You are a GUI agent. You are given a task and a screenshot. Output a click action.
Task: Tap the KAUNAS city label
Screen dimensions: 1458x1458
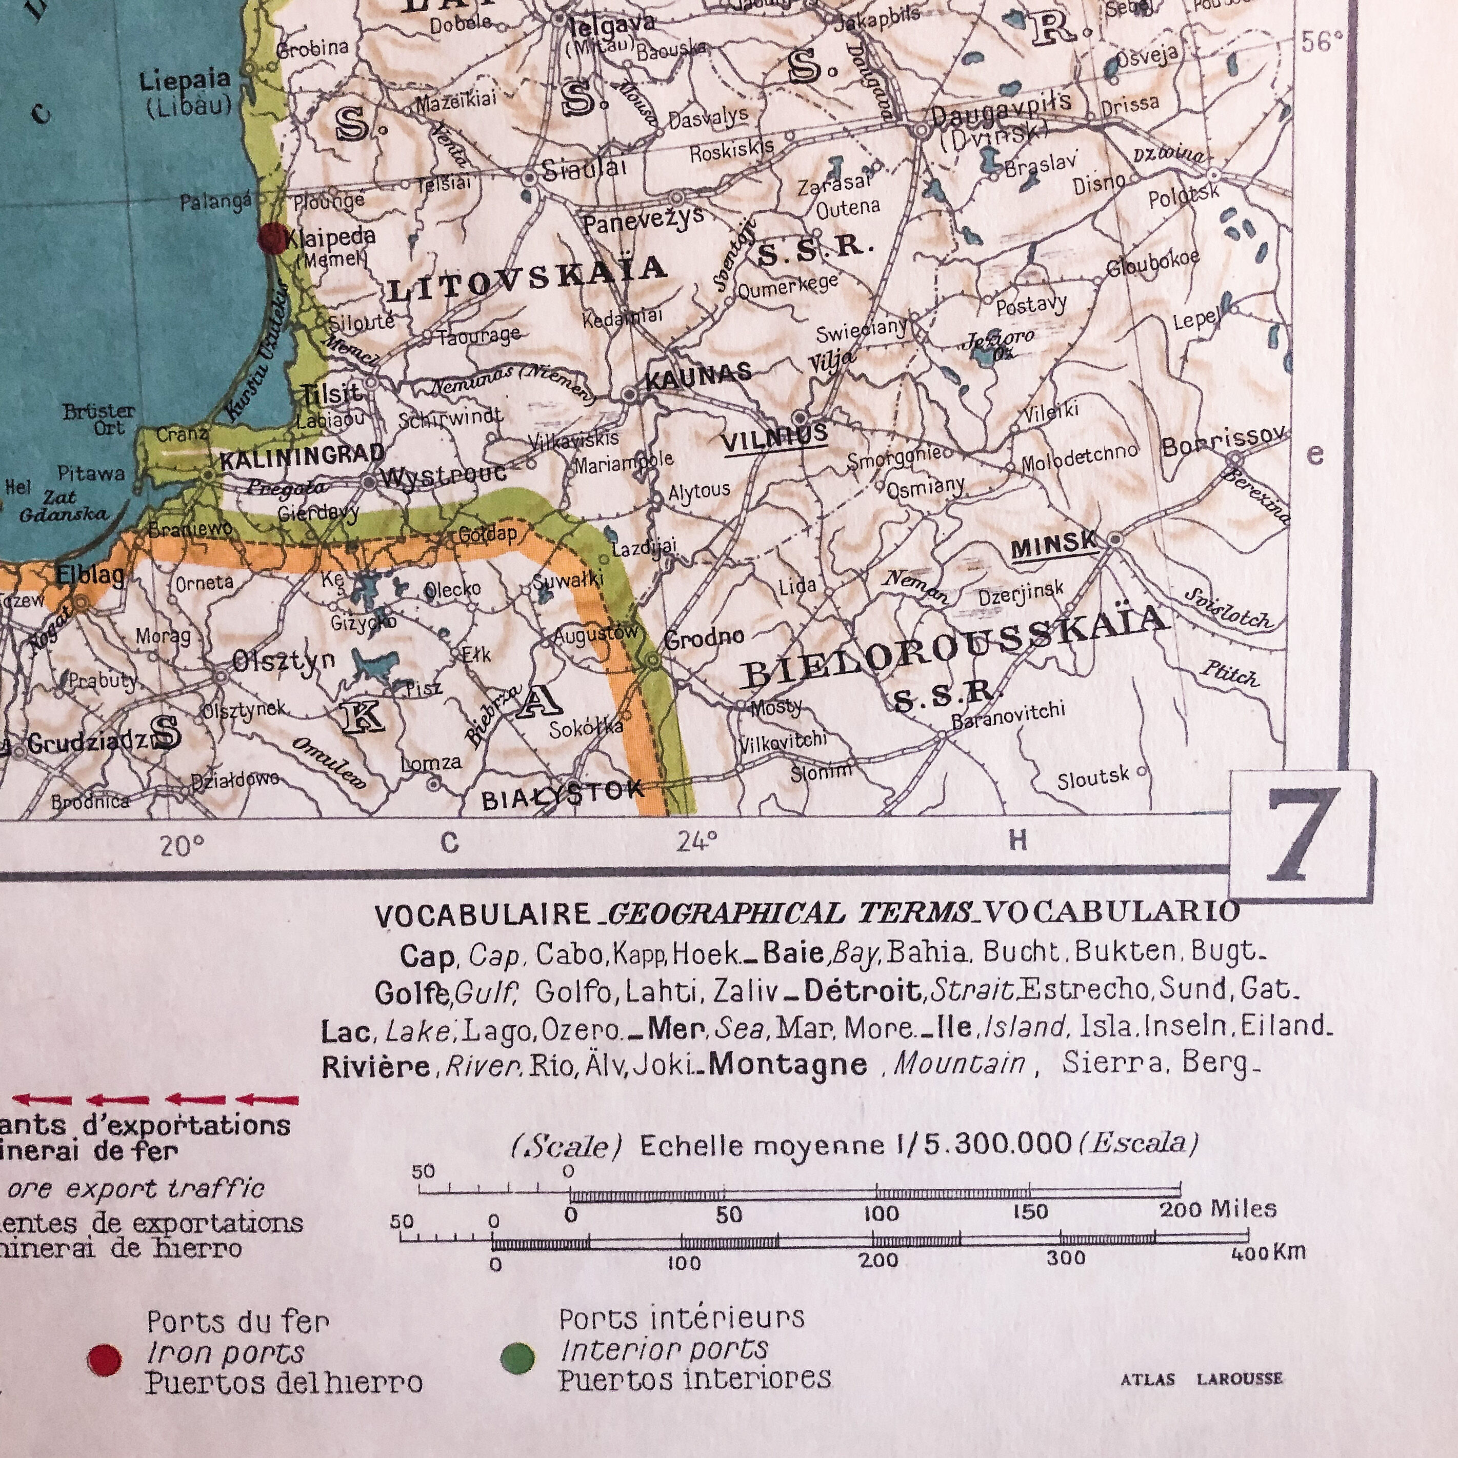click(698, 374)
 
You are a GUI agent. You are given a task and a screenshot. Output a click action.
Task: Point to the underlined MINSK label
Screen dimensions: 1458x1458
click(1054, 545)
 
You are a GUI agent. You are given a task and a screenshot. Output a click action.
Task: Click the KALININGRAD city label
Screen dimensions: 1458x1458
click(302, 455)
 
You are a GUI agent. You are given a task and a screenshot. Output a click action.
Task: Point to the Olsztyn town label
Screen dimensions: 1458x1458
click(283, 662)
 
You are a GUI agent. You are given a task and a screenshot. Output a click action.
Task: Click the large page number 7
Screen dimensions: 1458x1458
click(1300, 835)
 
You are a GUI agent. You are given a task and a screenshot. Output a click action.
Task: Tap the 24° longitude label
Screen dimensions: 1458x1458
click(696, 841)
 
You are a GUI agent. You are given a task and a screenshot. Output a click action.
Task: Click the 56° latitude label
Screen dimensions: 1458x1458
click(1322, 42)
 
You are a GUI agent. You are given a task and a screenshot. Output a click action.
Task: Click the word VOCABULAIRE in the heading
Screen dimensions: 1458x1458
click(483, 916)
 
